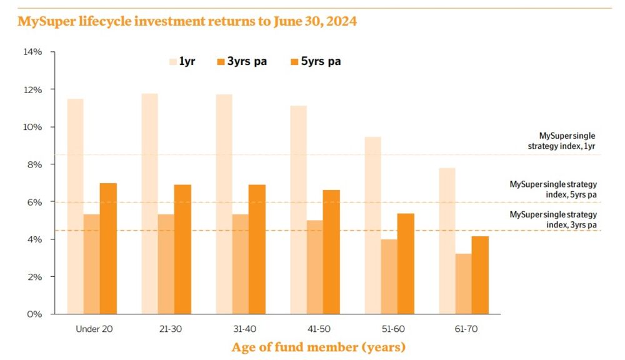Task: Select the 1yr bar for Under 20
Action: pos(75,206)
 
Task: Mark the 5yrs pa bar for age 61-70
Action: pos(480,275)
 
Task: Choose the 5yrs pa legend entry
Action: pos(316,61)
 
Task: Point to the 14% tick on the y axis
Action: pos(32,52)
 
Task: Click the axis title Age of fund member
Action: pos(319,346)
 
